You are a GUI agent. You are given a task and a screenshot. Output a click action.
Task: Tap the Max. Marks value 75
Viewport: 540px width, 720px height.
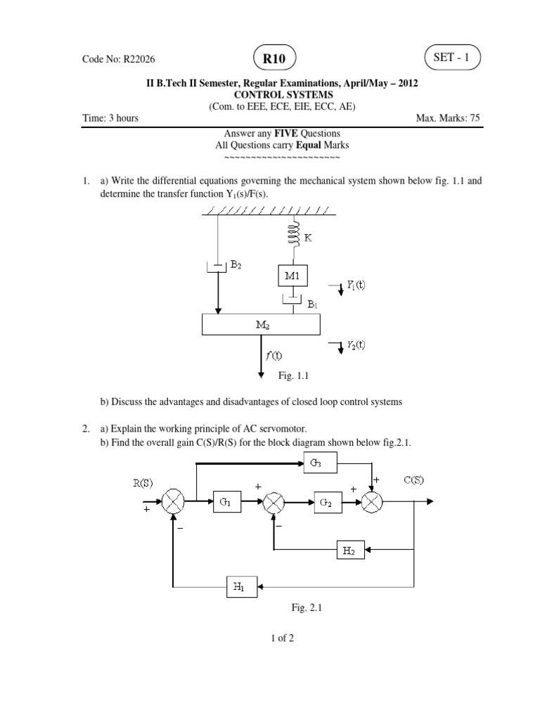point(475,118)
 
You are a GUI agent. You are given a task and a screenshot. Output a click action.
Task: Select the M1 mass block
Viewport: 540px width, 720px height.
point(292,276)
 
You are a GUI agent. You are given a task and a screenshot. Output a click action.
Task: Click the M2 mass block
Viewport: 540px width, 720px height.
point(261,325)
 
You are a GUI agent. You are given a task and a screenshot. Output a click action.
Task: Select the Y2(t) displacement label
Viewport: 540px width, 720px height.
point(356,345)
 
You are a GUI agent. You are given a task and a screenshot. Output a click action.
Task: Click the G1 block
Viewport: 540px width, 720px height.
point(226,501)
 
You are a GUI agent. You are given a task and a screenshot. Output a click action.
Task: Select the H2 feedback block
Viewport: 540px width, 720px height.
point(349,552)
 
